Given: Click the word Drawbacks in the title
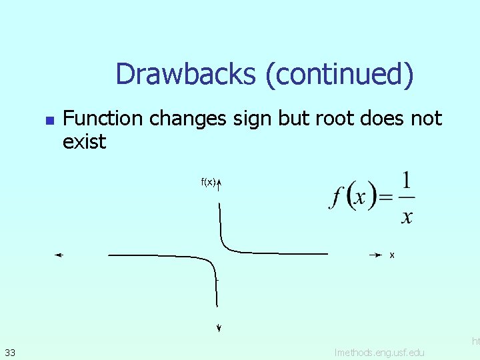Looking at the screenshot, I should click(186, 74).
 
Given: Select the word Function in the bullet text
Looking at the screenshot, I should click(103, 119).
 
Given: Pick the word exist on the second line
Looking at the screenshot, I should click(84, 141).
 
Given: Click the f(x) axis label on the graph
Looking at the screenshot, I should click(208, 181).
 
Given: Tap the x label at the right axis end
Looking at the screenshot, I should click(392, 255).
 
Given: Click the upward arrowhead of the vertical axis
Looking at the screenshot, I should click(219, 181).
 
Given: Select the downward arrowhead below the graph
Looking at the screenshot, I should click(219, 327).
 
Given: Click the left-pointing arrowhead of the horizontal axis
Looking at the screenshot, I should click(59, 255).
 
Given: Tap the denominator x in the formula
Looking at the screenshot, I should click(407, 216).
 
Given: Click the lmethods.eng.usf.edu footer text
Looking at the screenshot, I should click(379, 351).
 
